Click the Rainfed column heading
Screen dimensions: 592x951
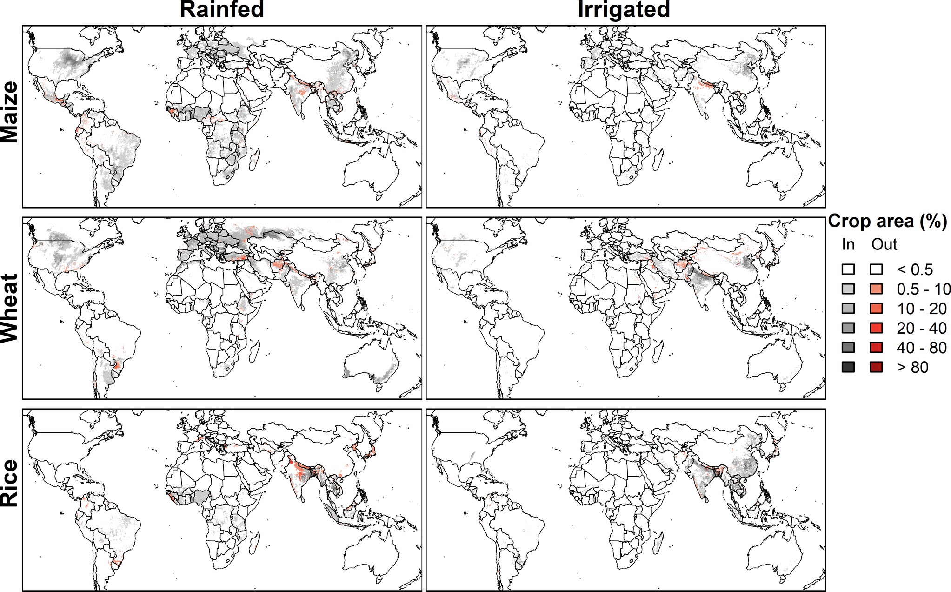[x=222, y=9]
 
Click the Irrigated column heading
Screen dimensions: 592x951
[x=624, y=9]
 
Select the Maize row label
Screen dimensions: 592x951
[x=9, y=112]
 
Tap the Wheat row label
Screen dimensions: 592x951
[x=9, y=308]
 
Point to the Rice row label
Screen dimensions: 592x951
[x=9, y=483]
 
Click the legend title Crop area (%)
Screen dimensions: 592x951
[x=887, y=221]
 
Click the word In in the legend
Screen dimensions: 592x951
[x=848, y=244]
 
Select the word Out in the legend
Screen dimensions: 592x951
[x=884, y=244]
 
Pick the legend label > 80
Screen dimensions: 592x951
[x=912, y=367]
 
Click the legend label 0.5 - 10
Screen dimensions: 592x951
[x=924, y=289]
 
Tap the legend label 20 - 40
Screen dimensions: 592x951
[x=922, y=328]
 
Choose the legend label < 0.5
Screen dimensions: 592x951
[x=915, y=269]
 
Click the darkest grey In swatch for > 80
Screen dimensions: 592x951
[x=848, y=367]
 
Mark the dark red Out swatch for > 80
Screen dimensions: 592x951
[x=877, y=367]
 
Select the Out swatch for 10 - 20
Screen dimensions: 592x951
[x=877, y=309]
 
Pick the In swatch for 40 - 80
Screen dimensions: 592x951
[x=848, y=348]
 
